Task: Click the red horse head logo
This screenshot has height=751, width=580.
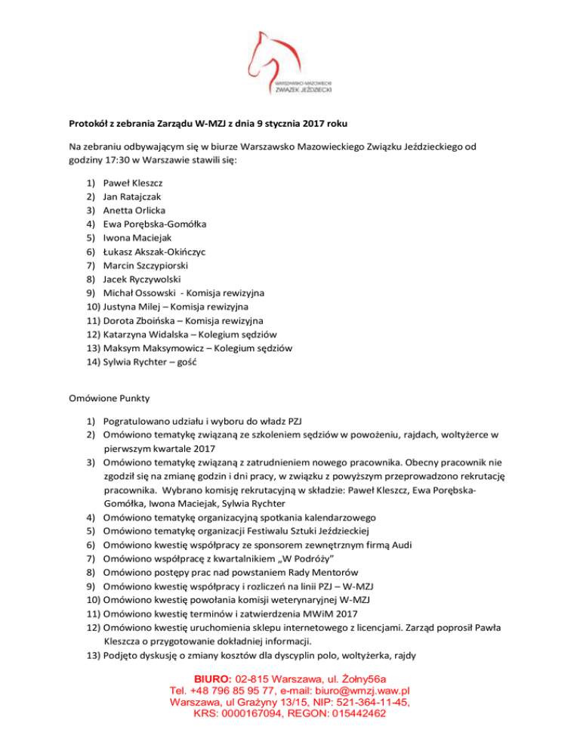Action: click(x=283, y=53)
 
